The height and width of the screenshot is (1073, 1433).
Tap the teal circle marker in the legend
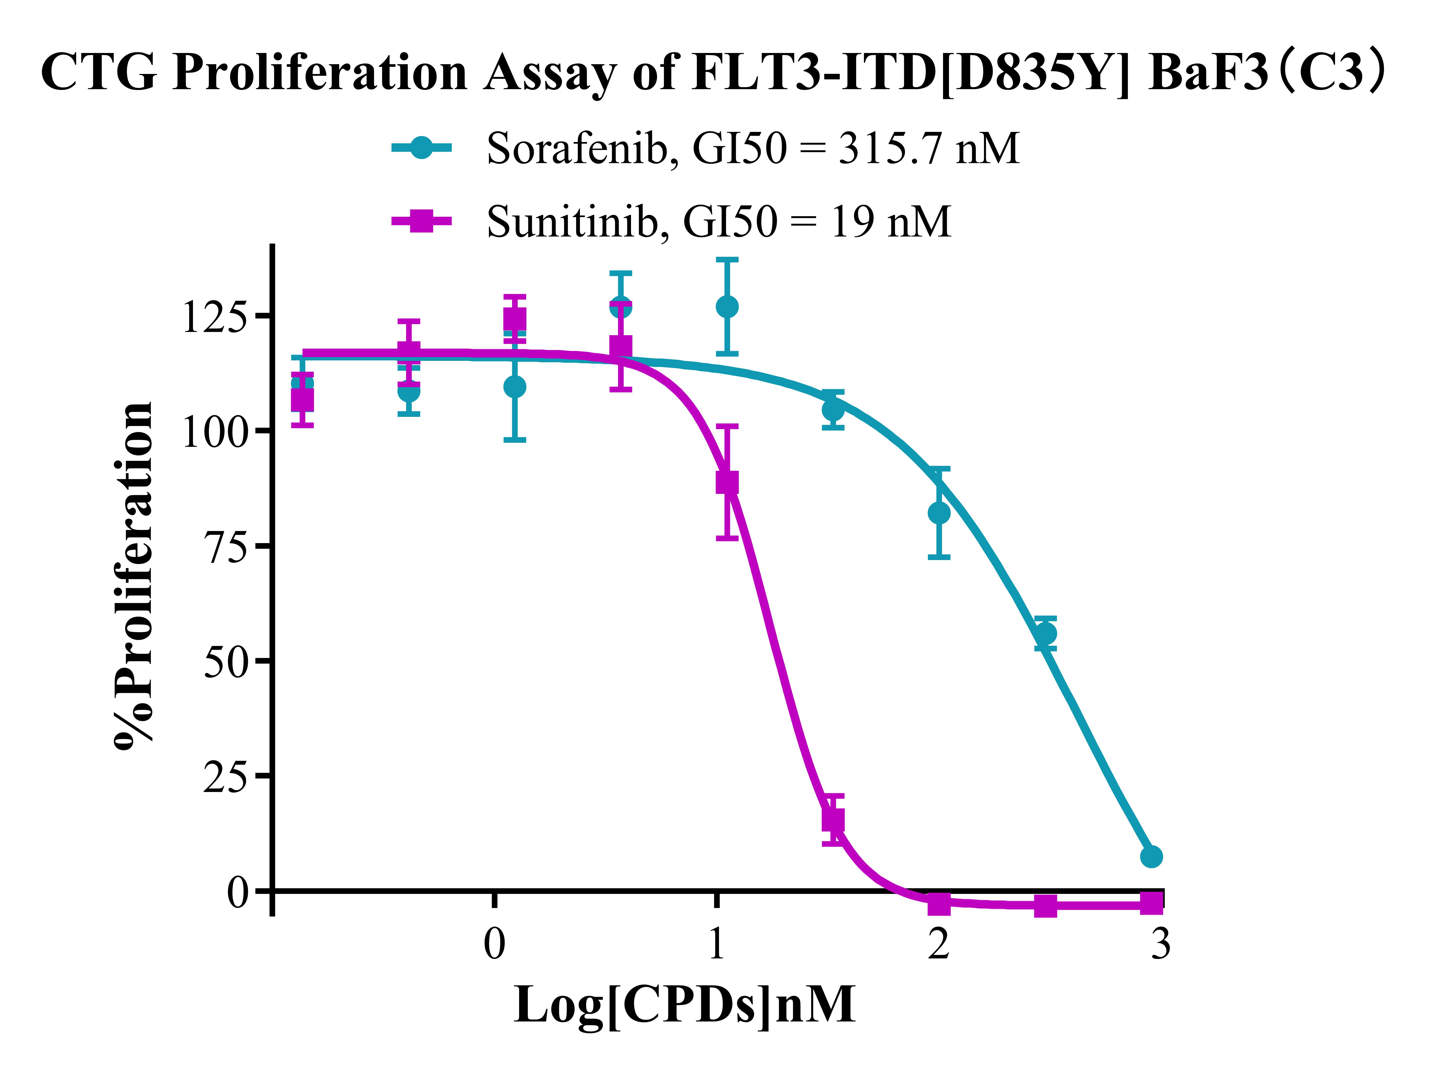point(421,148)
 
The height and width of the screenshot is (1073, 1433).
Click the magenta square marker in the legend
point(421,221)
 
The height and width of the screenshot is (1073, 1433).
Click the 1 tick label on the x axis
point(716,944)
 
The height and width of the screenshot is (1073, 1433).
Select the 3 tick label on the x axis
point(1160,944)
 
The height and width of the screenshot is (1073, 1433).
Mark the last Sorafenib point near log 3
point(1151,857)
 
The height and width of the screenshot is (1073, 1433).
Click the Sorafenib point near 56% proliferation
point(1045,633)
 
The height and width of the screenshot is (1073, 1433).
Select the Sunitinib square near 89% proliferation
point(727,482)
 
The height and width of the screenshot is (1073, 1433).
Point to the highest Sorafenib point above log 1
point(727,306)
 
